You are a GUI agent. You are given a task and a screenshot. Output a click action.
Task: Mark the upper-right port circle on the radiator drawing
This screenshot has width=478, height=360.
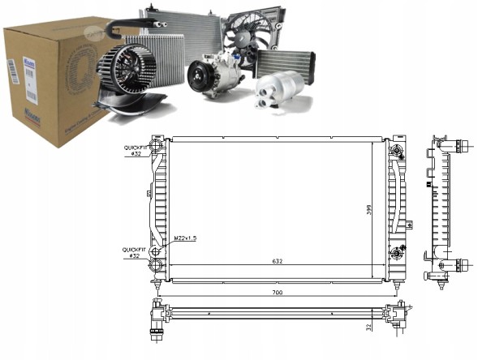tap(396, 152)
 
